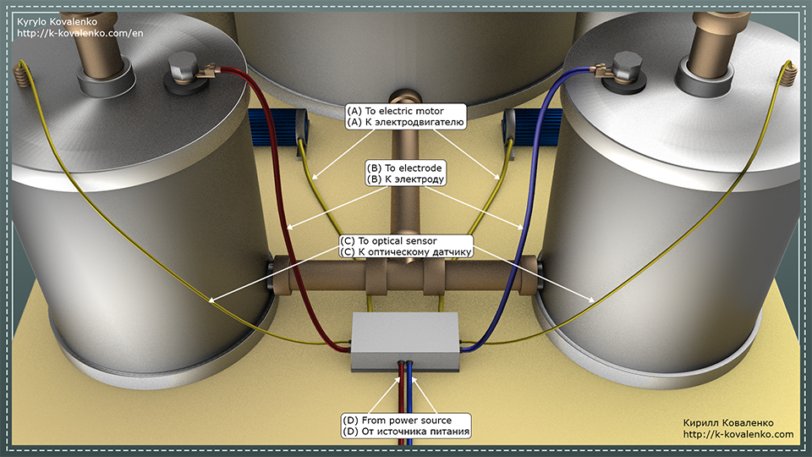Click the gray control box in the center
click(x=405, y=342)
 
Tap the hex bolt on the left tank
click(x=183, y=68)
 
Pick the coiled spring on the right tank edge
click(x=788, y=74)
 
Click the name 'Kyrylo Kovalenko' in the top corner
click(x=57, y=22)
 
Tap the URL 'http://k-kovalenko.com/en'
click(x=80, y=33)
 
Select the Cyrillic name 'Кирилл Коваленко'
click(x=728, y=423)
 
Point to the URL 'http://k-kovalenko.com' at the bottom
click(x=738, y=434)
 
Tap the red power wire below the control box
click(x=402, y=405)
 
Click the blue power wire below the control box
click(x=409, y=405)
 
